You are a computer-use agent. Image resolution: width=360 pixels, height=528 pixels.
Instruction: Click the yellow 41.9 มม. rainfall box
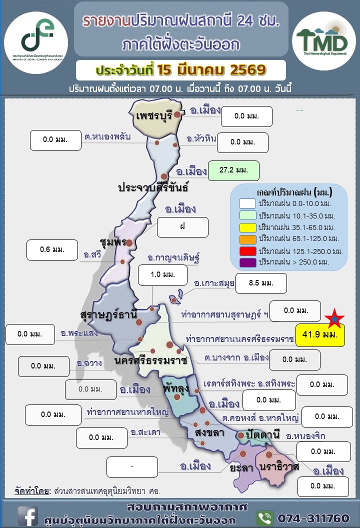320,335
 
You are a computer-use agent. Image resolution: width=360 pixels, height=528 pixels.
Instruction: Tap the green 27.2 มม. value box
233,170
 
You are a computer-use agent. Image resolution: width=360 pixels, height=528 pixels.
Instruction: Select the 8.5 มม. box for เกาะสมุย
260,283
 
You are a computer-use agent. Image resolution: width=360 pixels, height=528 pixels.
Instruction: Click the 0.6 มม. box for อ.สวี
52,248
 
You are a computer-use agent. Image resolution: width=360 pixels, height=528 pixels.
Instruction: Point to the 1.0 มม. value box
162,274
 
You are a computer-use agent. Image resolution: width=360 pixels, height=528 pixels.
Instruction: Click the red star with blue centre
334,318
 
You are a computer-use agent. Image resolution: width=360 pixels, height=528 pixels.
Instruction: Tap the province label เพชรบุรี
154,116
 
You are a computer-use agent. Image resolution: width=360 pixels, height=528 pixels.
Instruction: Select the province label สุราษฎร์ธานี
108,315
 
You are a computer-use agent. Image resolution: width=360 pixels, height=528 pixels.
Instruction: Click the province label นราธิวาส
279,467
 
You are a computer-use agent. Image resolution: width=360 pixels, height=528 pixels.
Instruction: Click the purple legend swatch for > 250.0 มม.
247,261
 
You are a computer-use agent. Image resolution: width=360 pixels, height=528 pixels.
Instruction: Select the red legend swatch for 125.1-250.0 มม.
247,250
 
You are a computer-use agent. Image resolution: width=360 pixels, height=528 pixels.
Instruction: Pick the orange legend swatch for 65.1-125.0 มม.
247,238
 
